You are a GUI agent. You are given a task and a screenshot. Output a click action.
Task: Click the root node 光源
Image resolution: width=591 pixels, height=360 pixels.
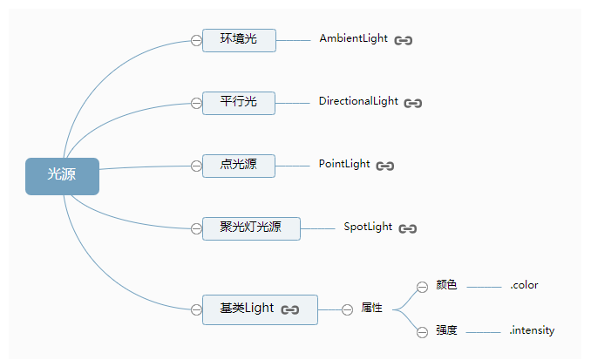tap(62, 175)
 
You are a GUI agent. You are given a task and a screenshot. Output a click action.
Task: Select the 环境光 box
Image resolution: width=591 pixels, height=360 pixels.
tap(239, 39)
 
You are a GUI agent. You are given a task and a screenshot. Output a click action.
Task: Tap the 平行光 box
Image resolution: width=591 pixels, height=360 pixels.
tap(239, 102)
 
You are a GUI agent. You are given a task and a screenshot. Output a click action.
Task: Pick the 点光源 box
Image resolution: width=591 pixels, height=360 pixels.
tap(239, 165)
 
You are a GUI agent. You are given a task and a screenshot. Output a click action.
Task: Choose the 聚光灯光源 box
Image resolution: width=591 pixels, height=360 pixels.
tap(250, 228)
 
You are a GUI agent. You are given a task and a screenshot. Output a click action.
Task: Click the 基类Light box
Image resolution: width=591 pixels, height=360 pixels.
tap(259, 309)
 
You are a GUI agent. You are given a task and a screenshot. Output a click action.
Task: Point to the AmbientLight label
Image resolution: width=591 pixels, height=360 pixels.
tap(353, 39)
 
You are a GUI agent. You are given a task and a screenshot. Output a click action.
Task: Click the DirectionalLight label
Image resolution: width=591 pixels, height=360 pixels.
tap(358, 101)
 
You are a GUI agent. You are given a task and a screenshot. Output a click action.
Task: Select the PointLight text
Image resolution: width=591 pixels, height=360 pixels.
tap(344, 164)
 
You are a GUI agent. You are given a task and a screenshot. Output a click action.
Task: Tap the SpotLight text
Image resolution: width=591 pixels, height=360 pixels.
tap(368, 227)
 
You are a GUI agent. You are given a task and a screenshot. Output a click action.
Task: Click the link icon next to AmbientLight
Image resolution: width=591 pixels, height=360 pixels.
tap(403, 40)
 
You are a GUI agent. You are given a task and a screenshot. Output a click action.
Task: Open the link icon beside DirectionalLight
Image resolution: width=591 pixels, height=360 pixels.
tap(413, 103)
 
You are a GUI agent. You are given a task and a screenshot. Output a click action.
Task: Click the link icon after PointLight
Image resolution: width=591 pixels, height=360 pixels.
tap(385, 166)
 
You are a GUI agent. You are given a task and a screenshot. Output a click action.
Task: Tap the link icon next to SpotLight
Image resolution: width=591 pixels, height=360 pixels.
tap(408, 228)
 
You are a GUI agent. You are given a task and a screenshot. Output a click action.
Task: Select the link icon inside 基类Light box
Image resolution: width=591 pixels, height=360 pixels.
tap(290, 309)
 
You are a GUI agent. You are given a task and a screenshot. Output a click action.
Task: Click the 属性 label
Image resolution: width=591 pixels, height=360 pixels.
tap(371, 308)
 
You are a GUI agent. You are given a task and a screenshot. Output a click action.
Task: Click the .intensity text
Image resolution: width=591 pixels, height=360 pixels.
tap(532, 330)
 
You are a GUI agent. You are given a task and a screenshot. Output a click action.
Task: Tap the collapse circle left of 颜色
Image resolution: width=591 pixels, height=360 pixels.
tap(422, 286)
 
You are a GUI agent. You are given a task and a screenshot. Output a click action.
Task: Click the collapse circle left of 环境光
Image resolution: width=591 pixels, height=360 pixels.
tap(196, 40)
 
